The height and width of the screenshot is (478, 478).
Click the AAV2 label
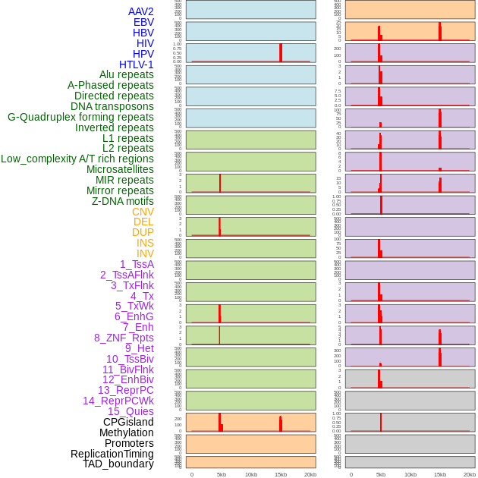140,11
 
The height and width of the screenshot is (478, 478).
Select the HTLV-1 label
136,64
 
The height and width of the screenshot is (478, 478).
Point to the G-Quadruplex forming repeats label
80,117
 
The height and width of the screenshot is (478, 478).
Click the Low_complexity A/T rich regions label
77,159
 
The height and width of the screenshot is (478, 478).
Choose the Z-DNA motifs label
122,201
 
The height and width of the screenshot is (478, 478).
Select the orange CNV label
143,212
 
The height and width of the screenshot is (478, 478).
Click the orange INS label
145,243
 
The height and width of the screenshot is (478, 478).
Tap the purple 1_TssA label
137,264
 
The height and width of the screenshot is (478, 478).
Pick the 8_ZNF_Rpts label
124,338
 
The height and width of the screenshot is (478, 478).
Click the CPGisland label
128,422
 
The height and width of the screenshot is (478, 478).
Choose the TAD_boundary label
118,464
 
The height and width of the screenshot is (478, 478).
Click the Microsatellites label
120,169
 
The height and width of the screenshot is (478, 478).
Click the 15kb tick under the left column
280,474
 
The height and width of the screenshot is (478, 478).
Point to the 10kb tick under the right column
410,474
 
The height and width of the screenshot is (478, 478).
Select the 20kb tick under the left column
310,474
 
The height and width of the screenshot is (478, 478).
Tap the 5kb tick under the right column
381,474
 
